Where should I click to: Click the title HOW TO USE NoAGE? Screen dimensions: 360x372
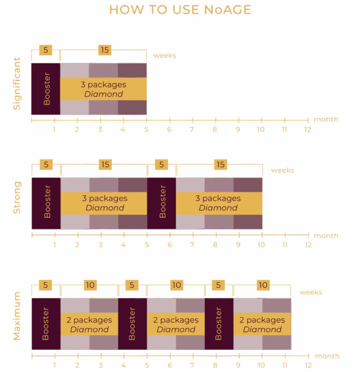(180, 10)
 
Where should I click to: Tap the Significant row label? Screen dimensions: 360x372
(16, 83)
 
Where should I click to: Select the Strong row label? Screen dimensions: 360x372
(17, 197)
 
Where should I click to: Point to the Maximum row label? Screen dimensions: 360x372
(17, 316)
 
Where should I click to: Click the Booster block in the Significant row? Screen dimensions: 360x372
(46, 89)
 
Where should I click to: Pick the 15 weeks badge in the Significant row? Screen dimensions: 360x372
(105, 50)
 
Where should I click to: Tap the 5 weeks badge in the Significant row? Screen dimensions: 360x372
(45, 50)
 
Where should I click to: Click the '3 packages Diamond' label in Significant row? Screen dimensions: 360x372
(104, 89)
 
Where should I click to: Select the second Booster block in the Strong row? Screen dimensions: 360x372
(162, 203)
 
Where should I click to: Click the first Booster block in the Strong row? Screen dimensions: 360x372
(46, 203)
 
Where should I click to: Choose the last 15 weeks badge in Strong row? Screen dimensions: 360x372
(220, 164)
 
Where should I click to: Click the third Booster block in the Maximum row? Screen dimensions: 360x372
(219, 324)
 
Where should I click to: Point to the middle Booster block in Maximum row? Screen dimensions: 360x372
(133, 324)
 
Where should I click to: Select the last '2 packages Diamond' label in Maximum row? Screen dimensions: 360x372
(262, 324)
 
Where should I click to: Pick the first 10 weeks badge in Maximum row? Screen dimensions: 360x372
(90, 285)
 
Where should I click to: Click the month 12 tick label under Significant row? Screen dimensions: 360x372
(308, 129)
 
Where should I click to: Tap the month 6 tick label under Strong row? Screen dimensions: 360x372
(170, 245)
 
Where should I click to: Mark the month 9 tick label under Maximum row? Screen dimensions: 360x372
(238, 365)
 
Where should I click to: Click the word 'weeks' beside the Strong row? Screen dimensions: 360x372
(283, 171)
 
